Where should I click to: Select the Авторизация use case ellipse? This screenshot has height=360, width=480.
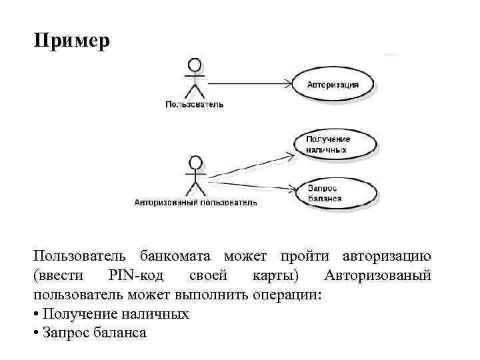(x=333, y=85)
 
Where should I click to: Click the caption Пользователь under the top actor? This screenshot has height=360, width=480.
(x=194, y=104)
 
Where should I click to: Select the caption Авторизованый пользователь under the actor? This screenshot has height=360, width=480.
(x=195, y=201)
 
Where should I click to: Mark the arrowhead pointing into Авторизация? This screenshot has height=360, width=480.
(x=289, y=83)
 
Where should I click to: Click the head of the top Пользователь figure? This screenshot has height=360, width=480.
(x=194, y=65)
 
